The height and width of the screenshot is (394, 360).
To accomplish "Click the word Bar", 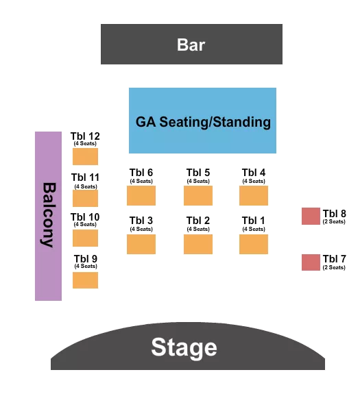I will click(x=191, y=45).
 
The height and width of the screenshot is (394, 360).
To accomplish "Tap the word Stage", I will click(x=184, y=347).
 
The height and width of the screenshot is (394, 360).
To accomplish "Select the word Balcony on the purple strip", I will click(x=49, y=214).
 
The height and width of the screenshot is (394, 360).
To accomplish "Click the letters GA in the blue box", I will click(x=145, y=123).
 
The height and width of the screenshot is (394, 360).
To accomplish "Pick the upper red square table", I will click(x=311, y=216).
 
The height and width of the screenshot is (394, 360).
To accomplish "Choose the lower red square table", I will click(x=311, y=262).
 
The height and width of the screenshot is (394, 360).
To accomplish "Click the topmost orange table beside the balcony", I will click(x=85, y=156).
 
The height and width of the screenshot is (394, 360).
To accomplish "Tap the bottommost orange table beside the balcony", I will click(x=85, y=280).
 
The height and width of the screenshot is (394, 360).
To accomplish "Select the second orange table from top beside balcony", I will click(x=85, y=198).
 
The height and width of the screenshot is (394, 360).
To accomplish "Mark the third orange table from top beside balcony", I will click(x=85, y=238).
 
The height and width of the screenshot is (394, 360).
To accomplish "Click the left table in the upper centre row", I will click(x=141, y=195).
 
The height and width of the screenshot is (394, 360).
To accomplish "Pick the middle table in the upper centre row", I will click(x=197, y=195).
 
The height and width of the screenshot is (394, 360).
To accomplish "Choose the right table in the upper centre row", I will click(x=253, y=195).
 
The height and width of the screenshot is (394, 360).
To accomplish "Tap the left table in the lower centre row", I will click(x=141, y=244).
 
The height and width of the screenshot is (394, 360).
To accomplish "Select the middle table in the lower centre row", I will click(x=197, y=244).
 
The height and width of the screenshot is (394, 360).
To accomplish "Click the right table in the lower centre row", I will click(x=253, y=244).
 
